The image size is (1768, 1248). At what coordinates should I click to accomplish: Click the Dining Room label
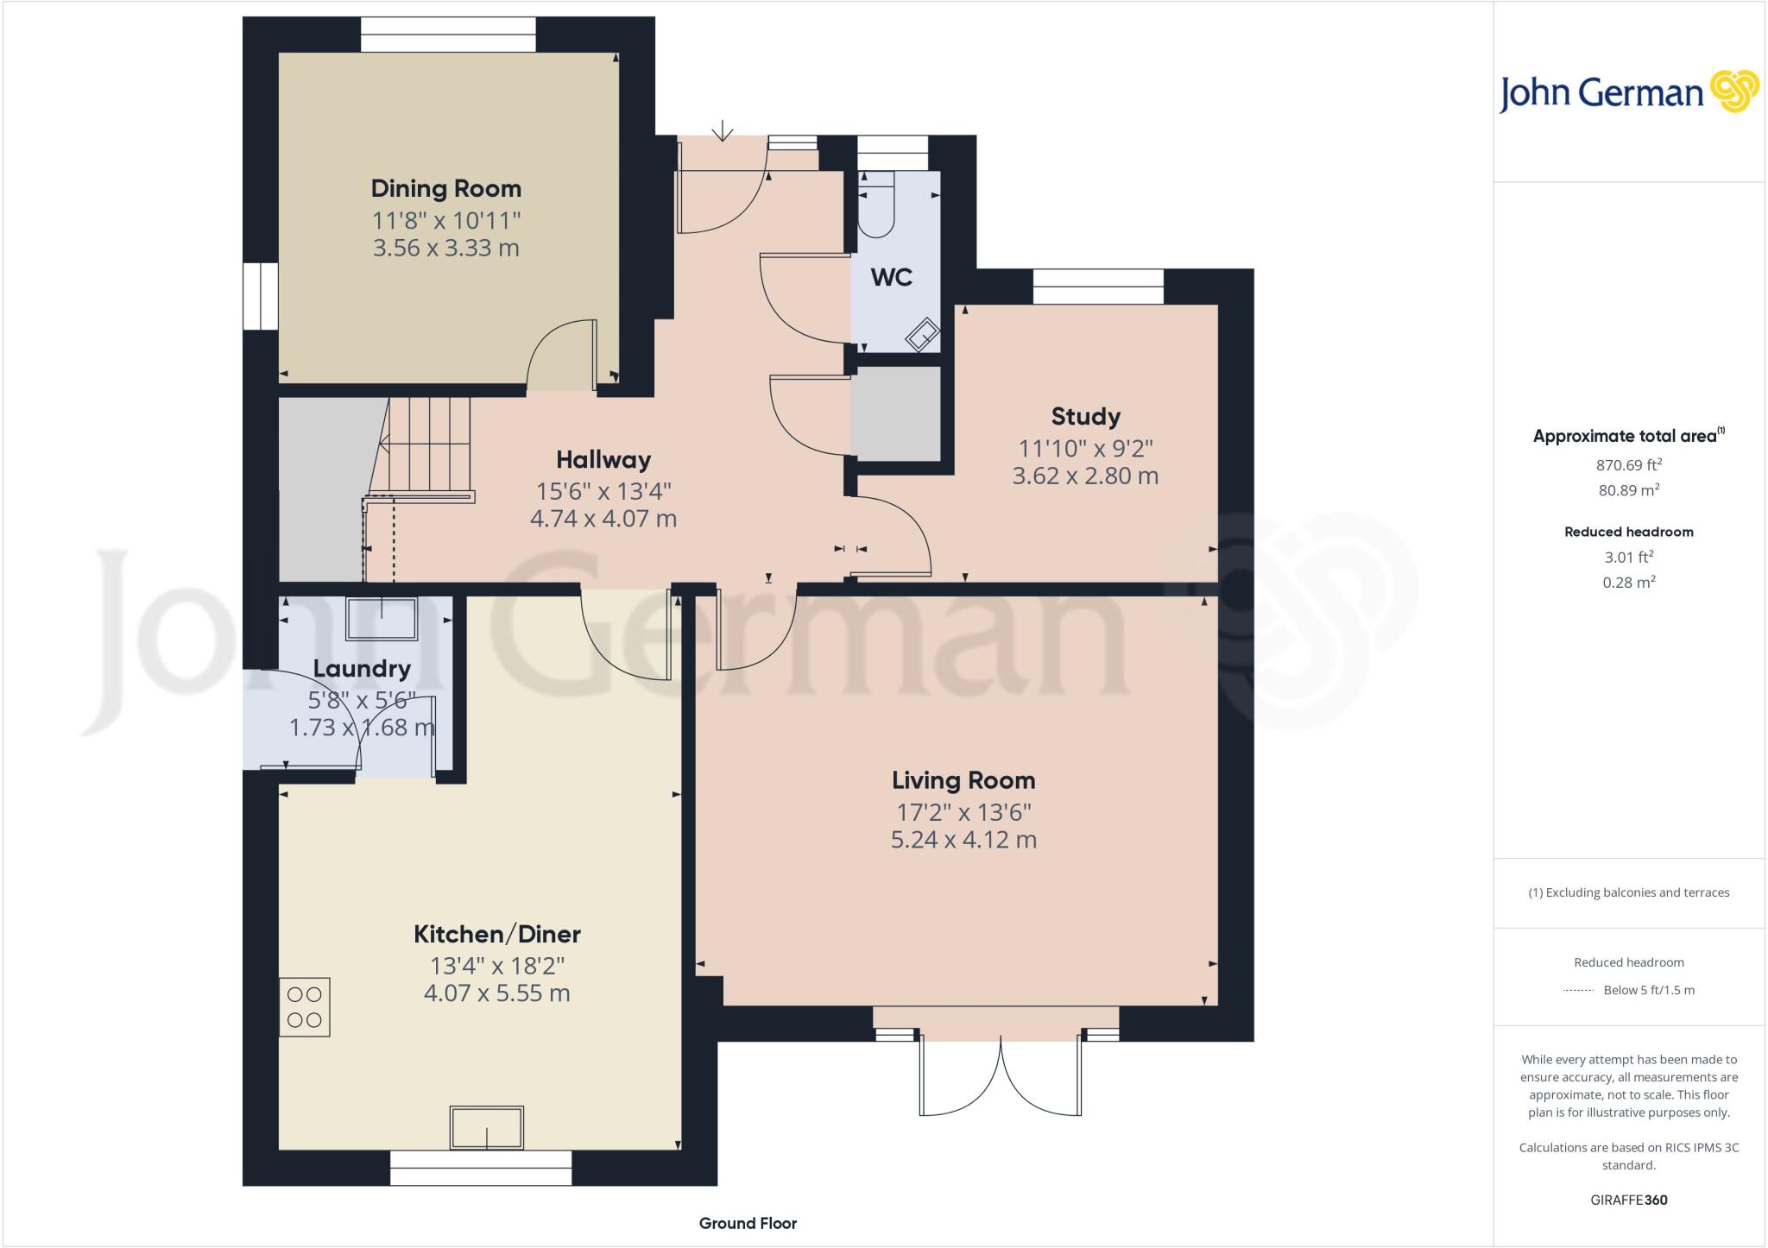click(x=445, y=188)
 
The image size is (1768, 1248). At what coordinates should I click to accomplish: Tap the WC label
click(x=891, y=277)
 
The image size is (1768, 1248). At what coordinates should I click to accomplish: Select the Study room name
click(x=1085, y=416)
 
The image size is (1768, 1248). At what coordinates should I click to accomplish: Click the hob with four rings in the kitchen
click(x=304, y=1006)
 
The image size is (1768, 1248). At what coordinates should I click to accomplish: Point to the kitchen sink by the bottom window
click(x=486, y=1128)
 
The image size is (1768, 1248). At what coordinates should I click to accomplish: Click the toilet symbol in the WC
click(x=877, y=205)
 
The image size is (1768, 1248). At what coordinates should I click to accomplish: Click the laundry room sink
click(x=381, y=618)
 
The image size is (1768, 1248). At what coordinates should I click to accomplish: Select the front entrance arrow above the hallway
click(x=722, y=130)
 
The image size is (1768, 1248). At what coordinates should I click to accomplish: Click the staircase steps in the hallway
click(x=428, y=444)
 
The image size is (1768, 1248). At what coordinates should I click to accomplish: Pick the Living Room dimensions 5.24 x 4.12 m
click(x=963, y=840)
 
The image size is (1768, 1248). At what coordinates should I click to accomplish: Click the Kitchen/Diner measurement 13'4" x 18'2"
click(x=496, y=965)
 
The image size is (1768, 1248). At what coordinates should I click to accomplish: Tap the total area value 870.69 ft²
click(x=1628, y=465)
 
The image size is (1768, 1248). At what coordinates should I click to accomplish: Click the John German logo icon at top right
click(x=1734, y=91)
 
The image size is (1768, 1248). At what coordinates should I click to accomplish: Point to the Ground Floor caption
click(x=748, y=1223)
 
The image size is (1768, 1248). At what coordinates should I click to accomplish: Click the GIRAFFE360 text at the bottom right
click(x=1628, y=1200)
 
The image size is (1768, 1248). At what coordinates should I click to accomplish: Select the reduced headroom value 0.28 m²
click(x=1628, y=583)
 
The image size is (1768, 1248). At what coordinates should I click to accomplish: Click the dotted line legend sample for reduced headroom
click(x=1577, y=991)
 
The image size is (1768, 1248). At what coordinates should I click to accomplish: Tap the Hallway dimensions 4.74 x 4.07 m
click(x=603, y=519)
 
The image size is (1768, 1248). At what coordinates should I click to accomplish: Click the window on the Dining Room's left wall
click(x=259, y=296)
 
